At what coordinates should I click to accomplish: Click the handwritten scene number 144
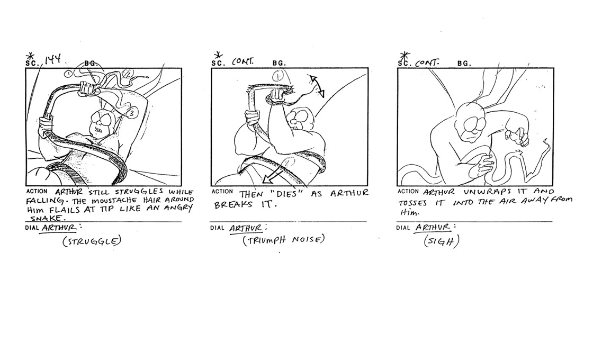(54, 60)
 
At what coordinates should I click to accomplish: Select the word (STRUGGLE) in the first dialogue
(92, 241)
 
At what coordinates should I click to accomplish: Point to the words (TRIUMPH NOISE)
(284, 240)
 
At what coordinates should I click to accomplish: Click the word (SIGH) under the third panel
(442, 240)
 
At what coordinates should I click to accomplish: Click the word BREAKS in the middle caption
(233, 204)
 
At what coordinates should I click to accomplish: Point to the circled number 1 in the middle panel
(278, 77)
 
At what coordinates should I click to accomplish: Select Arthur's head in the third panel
(469, 121)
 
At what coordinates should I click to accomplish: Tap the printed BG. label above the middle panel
(279, 64)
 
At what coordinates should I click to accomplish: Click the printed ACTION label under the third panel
(408, 192)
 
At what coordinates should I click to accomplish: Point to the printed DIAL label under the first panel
(32, 228)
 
